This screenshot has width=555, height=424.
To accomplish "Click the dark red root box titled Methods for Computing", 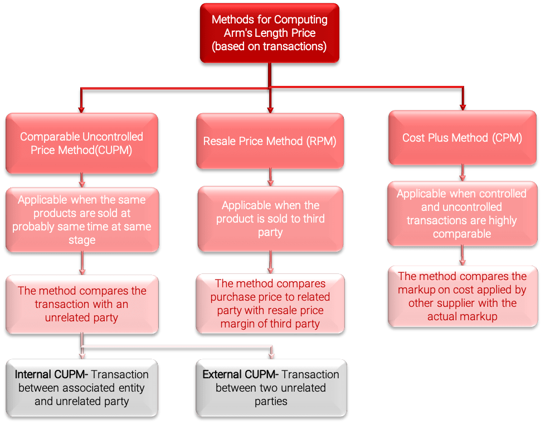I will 270,33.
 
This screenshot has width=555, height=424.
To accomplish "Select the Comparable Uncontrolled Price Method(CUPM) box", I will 81,143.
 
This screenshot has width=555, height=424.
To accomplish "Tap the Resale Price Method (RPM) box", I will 270,141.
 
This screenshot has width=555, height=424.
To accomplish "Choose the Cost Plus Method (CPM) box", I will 462,138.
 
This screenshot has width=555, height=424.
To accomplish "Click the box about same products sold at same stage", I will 82,220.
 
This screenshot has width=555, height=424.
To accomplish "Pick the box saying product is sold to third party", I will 270,218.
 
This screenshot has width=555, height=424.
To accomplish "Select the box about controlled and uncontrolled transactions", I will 462,214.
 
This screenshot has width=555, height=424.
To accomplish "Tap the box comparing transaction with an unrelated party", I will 82,304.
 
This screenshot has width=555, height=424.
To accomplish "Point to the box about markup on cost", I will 462,296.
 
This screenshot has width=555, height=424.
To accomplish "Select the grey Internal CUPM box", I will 82,388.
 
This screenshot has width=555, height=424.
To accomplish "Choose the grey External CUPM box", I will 270,388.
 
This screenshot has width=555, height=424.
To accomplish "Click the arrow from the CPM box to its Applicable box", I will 462,173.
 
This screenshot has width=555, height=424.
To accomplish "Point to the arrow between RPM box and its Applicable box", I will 270,177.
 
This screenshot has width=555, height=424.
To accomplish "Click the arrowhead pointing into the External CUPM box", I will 271,355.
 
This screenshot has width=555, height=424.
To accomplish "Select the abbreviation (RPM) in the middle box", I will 322,141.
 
